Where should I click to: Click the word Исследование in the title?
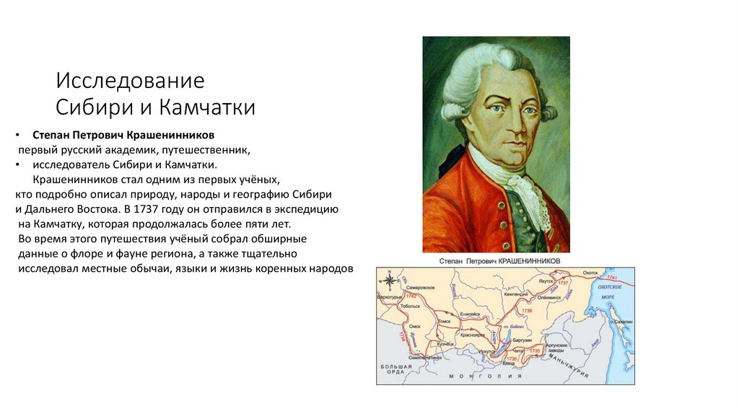[x=131, y=81]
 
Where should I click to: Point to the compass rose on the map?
[x=389, y=280]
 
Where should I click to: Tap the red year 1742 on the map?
[x=411, y=296]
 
